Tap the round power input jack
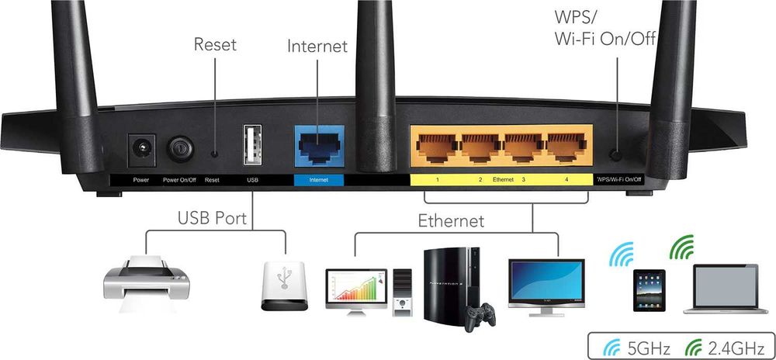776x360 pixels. tap(141, 148)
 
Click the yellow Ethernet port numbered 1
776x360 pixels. tap(437, 146)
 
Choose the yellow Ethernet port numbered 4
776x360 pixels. tap(566, 146)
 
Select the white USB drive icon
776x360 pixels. tap(287, 286)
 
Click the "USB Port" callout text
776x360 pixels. tap(212, 218)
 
